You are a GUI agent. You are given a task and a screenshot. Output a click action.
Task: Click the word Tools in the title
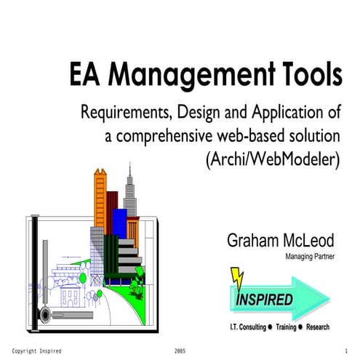pos(306,76)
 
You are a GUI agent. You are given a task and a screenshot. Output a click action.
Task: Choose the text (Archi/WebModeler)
pos(273,159)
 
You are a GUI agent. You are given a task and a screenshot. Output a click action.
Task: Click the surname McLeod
pos(305,241)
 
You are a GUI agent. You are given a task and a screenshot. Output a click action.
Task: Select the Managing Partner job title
pos(308,256)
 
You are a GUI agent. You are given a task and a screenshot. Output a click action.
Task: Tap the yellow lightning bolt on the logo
pos(237,279)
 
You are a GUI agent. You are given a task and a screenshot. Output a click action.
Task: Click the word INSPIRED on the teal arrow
pos(265,300)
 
